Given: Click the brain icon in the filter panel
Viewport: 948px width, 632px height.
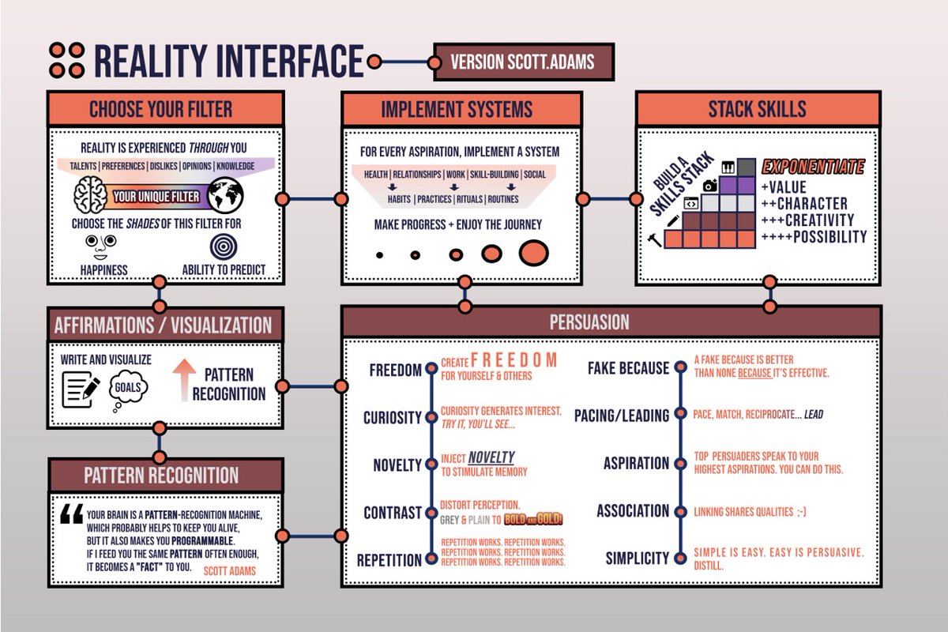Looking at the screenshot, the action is (90, 194).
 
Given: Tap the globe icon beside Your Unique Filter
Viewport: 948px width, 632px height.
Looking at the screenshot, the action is (226, 195).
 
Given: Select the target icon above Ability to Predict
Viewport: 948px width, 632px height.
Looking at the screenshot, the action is (224, 246).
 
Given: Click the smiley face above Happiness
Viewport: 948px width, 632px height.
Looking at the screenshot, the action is (101, 246).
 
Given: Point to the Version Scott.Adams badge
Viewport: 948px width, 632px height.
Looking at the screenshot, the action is (524, 62).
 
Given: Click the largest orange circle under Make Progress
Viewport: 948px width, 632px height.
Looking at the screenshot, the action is (534, 253).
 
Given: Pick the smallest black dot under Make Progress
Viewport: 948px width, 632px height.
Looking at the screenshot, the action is (380, 255).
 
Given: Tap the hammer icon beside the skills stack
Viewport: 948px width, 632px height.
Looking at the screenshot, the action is (655, 239).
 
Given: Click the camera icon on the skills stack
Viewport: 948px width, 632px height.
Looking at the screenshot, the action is (710, 186).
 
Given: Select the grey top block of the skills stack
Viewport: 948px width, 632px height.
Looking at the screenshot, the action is (746, 167).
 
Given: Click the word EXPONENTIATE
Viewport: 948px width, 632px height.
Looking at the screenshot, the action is (813, 167).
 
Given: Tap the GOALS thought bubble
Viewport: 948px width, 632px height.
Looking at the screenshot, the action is (128, 387).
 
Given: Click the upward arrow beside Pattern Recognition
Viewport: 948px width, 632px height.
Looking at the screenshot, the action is (184, 380).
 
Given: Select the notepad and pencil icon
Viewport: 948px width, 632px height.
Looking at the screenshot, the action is (81, 389).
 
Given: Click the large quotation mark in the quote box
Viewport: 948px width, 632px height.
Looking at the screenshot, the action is (72, 513).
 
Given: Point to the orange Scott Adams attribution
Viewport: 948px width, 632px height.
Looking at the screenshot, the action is (230, 571).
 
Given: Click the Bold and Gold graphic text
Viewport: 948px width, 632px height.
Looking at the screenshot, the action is (533, 519).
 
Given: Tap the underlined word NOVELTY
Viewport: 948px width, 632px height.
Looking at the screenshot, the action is (491, 457).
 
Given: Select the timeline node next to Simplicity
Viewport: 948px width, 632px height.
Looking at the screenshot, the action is (680, 558).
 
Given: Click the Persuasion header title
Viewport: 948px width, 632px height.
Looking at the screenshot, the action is (589, 322).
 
